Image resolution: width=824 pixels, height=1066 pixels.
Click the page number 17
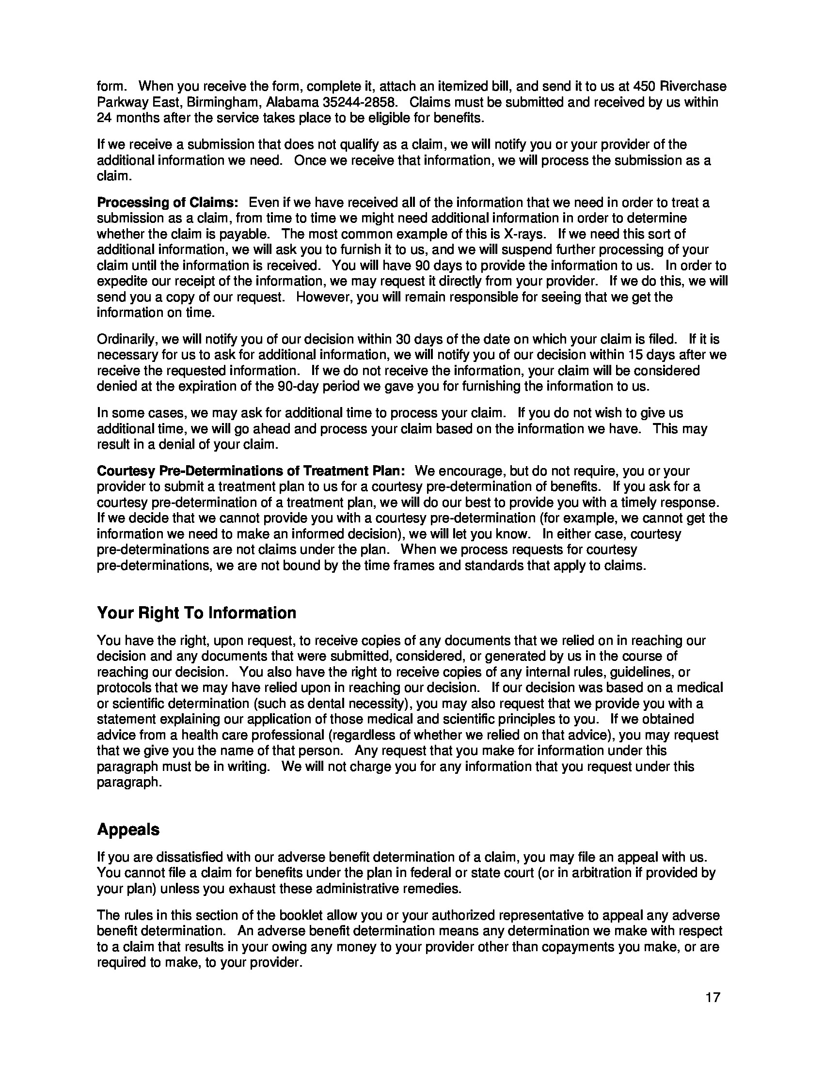(x=713, y=997)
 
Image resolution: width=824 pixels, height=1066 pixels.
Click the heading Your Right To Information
(x=196, y=613)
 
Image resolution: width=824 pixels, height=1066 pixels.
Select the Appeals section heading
(x=128, y=829)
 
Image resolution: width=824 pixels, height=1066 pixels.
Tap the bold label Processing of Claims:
(x=167, y=203)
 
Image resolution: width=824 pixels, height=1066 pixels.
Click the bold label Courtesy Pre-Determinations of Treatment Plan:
(x=251, y=471)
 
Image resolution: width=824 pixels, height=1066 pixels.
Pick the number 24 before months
(x=104, y=118)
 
